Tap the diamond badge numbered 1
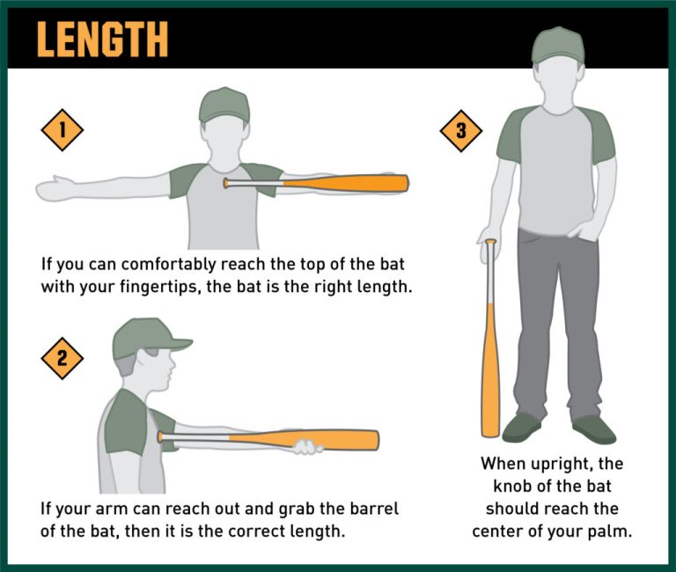click(62, 130)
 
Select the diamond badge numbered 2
click(62, 357)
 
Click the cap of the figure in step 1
click(224, 104)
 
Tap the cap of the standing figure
click(558, 45)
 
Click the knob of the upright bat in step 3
click(490, 241)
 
